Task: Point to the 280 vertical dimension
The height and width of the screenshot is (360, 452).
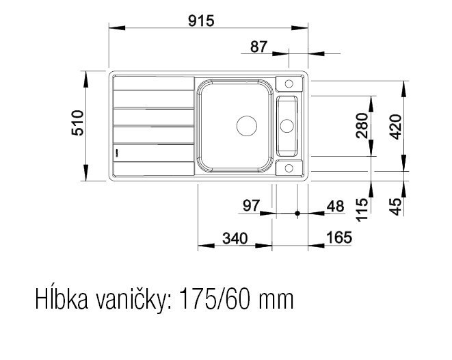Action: click(362, 125)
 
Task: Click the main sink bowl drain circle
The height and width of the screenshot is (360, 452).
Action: click(245, 125)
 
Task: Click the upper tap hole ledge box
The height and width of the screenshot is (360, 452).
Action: click(289, 84)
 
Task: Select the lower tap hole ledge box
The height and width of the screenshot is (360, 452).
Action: click(289, 168)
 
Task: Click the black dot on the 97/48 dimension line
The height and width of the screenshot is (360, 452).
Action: click(297, 214)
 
